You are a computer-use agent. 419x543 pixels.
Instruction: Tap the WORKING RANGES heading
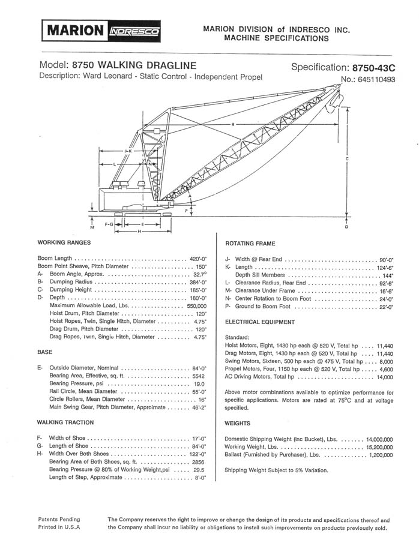pyautogui.click(x=64, y=242)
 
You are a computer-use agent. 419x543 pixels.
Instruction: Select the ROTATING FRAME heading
pyautogui.click(x=250, y=244)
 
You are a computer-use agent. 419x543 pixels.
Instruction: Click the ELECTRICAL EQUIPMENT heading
pyautogui.click(x=260, y=322)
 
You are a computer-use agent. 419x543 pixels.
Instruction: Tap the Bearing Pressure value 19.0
pyautogui.click(x=199, y=383)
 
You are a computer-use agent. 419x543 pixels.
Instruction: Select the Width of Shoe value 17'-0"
pyautogui.click(x=197, y=439)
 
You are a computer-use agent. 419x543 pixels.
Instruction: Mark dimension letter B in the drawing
pyautogui.click(x=232, y=125)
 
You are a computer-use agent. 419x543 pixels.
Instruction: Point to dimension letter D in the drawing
pyautogui.click(x=347, y=227)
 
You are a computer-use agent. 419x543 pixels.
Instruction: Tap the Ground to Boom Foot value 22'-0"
pyautogui.click(x=382, y=307)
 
